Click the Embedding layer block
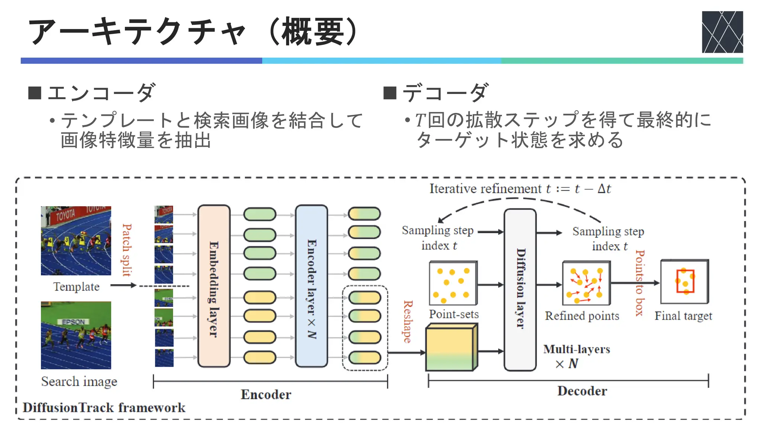click(214, 286)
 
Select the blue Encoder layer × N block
click(311, 286)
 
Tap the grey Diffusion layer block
click(520, 290)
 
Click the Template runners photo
click(76, 241)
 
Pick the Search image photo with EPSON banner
click(76, 335)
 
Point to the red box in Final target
click(685, 281)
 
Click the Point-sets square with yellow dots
click(453, 283)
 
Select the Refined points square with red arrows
click(586, 283)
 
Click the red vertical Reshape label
click(408, 321)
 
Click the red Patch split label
click(127, 250)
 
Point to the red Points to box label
click(639, 282)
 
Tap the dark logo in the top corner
click(722, 32)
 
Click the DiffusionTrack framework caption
click(104, 408)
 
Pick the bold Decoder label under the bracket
click(582, 391)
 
